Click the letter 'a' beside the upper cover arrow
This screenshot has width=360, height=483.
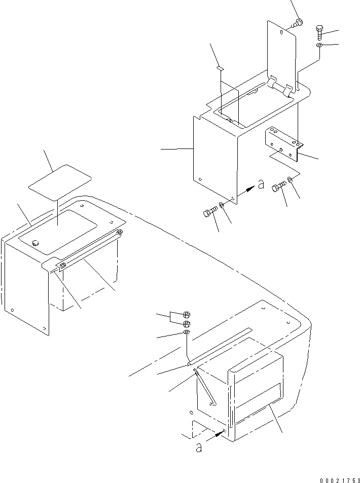pos(261,184)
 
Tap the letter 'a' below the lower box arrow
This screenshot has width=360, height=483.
pos(199,448)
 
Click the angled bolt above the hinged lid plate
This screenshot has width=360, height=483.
pos(298,22)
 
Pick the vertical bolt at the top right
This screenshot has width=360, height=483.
pos(319,31)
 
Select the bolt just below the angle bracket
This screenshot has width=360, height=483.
pos(278,187)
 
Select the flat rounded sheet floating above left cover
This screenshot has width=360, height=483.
pos(60,179)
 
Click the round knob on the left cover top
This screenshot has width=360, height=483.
pos(35,243)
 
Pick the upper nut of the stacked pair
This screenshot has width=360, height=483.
pos(186,314)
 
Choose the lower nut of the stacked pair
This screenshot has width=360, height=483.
pos(186,323)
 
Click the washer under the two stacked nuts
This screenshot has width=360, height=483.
pos(186,332)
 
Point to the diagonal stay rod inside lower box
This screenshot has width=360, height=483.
pos(204,388)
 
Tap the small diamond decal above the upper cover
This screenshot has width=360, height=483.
pos(220,66)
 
